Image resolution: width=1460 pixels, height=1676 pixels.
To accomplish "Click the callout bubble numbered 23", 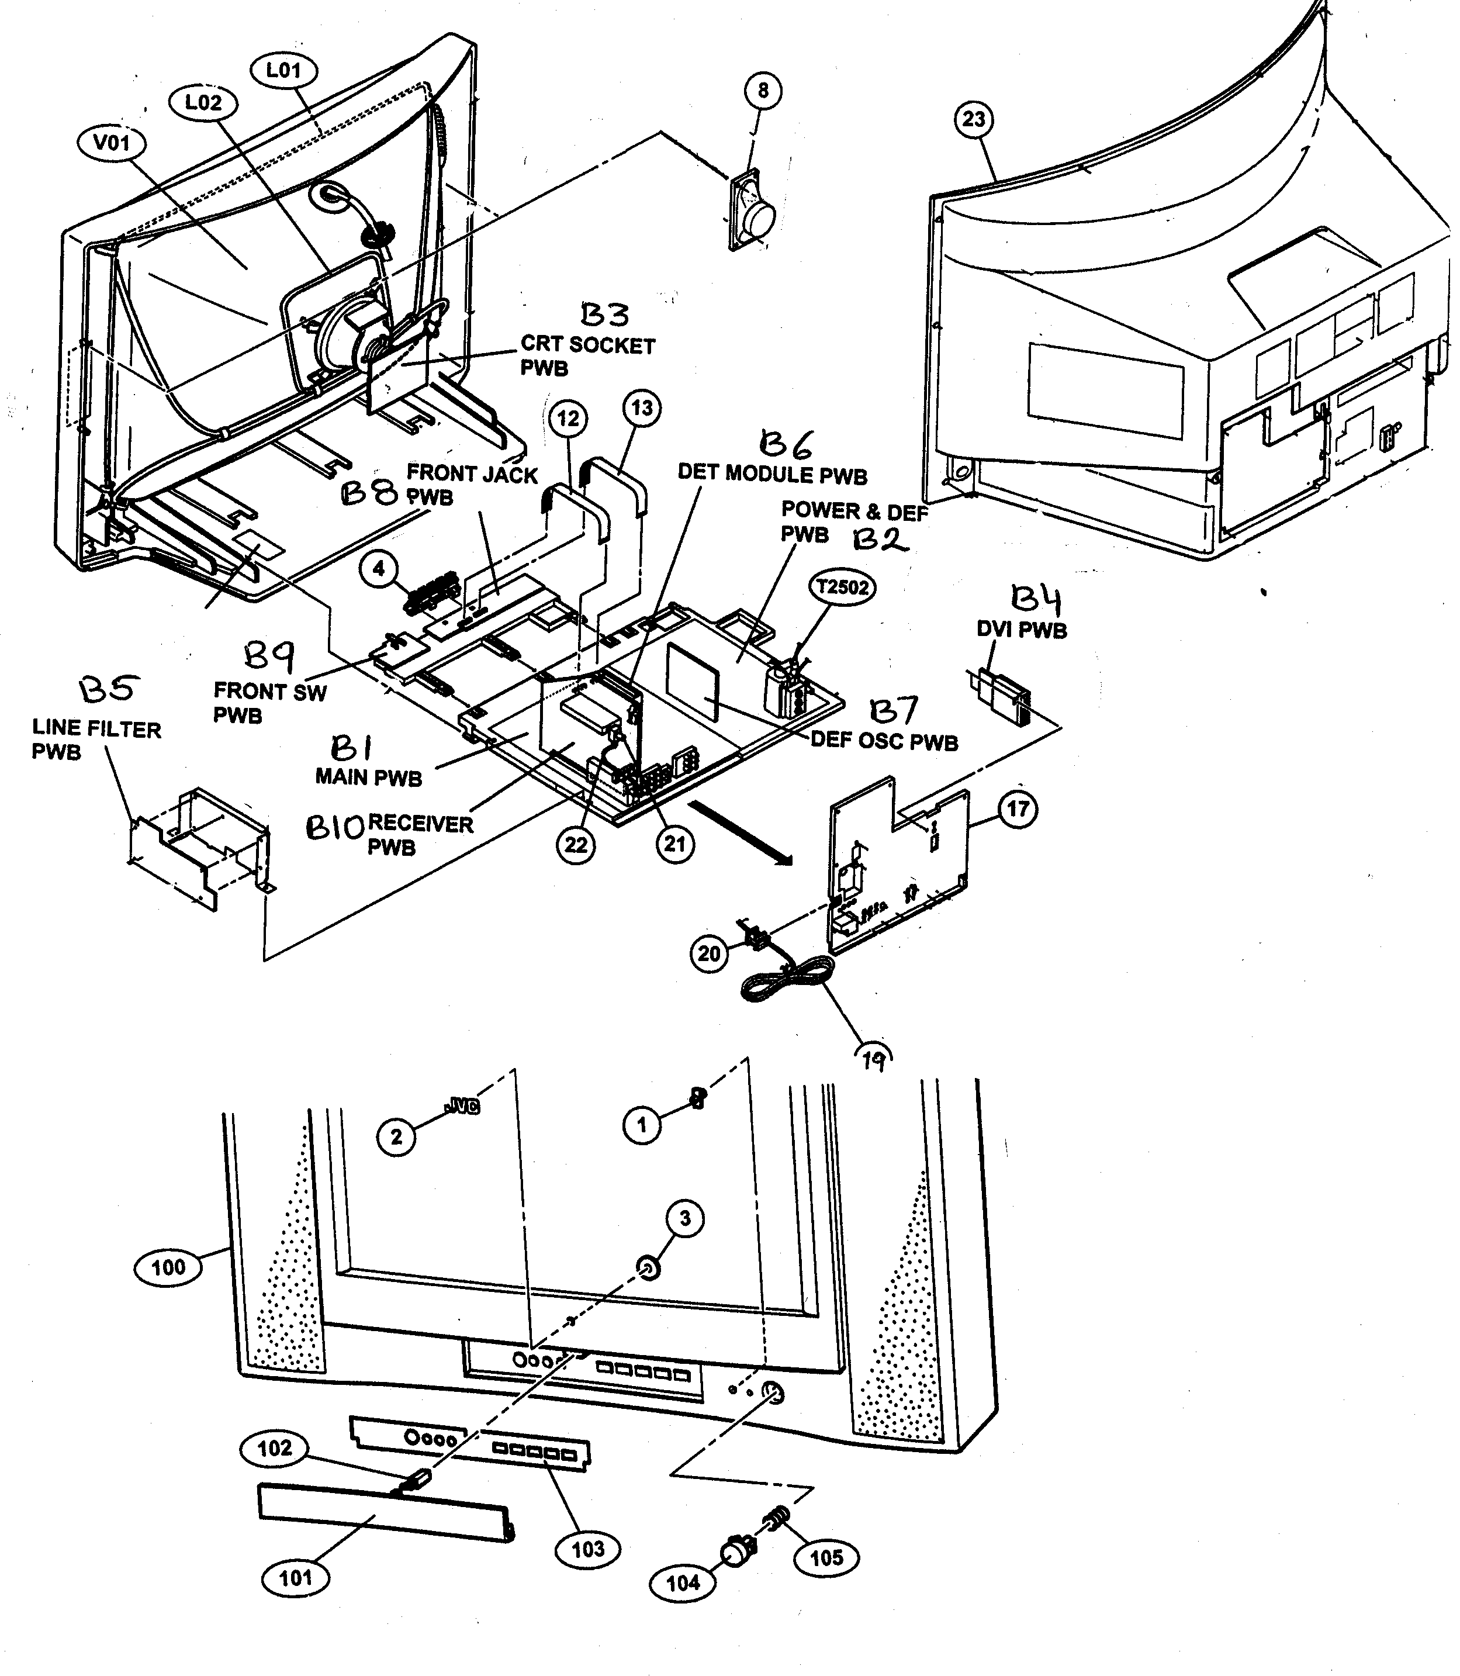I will [974, 120].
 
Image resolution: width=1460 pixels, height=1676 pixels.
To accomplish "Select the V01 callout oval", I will [112, 143].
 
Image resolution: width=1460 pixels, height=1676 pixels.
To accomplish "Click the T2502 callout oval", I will [842, 587].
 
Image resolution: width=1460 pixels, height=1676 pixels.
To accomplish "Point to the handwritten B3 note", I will [604, 315].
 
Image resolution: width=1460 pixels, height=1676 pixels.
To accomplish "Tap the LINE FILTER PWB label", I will [96, 740].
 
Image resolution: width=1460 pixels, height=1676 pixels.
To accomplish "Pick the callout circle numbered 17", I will [1018, 809].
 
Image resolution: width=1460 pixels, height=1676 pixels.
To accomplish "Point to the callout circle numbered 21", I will [676, 844].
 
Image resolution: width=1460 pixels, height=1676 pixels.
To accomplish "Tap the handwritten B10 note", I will [334, 828].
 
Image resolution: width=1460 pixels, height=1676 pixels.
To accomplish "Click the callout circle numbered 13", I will [642, 408].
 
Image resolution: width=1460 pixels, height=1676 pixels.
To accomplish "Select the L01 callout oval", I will [283, 70].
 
